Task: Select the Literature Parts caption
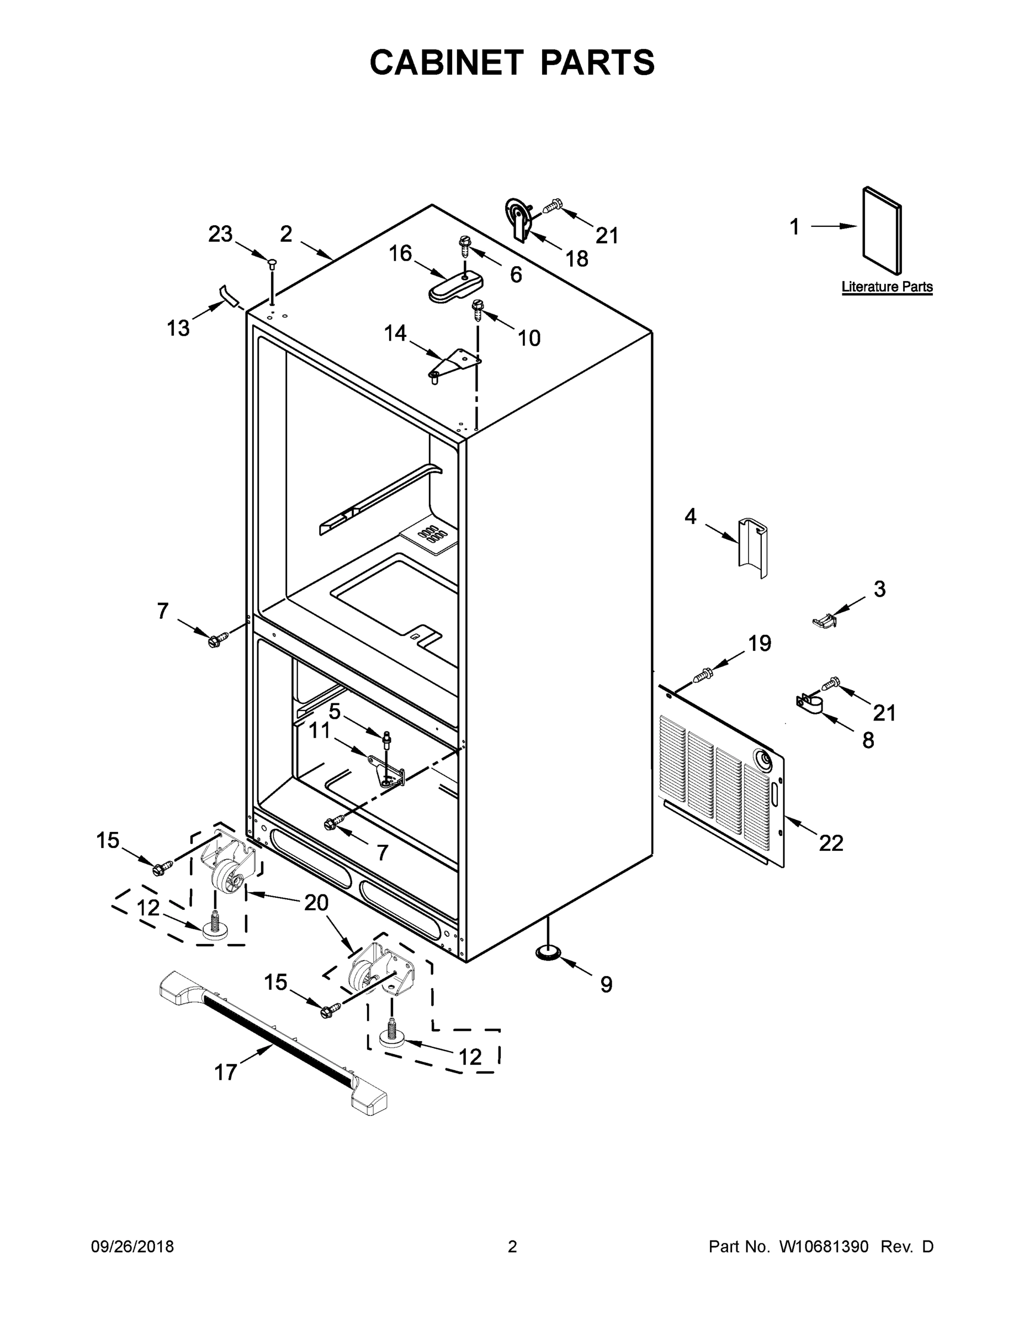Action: point(887,287)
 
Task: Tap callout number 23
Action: point(220,234)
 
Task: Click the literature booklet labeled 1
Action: point(881,231)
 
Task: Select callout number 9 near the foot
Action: point(606,984)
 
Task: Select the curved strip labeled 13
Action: point(229,295)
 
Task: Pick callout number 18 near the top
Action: point(576,259)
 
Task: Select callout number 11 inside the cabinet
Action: point(319,731)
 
